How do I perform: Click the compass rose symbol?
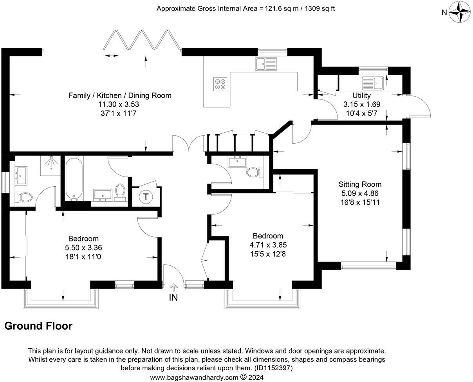459,12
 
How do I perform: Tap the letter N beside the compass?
444,13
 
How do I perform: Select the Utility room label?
361,95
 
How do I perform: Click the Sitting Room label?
360,184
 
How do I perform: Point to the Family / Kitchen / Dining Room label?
120,95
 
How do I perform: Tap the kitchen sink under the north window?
265,63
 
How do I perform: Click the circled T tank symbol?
146,197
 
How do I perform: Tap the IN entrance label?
173,297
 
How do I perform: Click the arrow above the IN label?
173,288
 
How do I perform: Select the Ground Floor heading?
38,326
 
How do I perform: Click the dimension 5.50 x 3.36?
83,248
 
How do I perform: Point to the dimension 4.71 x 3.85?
268,245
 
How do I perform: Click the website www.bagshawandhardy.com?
194,377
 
